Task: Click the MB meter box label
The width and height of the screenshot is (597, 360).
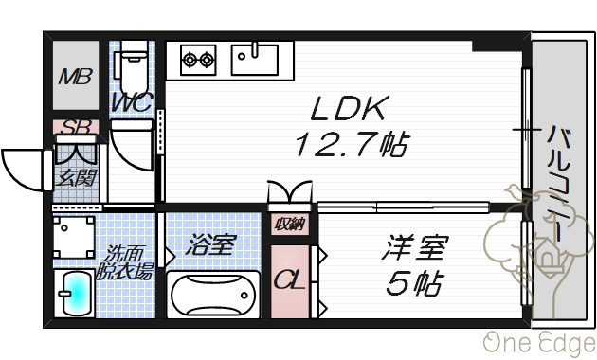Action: click(76, 77)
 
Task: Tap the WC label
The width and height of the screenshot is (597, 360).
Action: click(133, 102)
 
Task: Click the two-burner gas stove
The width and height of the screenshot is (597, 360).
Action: click(198, 60)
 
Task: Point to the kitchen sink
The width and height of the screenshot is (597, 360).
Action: click(255, 59)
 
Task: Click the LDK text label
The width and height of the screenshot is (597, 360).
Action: click(350, 108)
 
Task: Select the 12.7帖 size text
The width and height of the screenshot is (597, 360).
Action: click(353, 144)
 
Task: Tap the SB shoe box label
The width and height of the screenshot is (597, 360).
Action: click(76, 127)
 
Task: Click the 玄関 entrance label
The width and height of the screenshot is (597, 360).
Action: click(76, 178)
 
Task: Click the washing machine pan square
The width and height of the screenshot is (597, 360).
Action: click(74, 237)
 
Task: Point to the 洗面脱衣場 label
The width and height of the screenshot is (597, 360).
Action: click(124, 261)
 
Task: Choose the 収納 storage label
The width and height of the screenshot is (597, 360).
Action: click(290, 225)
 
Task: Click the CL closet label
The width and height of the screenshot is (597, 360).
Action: click(289, 280)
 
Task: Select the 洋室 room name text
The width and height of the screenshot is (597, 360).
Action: click(415, 247)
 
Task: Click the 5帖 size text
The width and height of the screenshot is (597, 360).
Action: click(415, 283)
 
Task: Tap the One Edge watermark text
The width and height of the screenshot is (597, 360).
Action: click(539, 343)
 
